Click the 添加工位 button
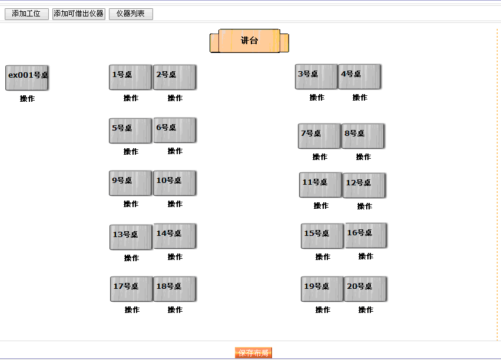pos(26,14)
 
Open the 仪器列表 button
pos(131,14)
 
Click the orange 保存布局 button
pos(253,353)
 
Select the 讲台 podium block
pos(249,41)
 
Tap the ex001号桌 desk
pos(27,78)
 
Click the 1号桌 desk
pos(130,77)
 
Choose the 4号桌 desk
pos(359,76)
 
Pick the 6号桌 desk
pos(174,130)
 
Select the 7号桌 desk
pos(319,136)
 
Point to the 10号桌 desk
pos(174,183)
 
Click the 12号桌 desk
pos(364,185)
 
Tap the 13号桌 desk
pos(131,237)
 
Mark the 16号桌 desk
pos(366,235)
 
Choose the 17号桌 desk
pos(131,289)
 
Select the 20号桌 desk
pos(365,289)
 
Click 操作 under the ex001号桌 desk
pos(27,99)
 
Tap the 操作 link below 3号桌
pos(317,98)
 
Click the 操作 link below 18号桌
pos(175,310)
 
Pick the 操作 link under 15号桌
pos(323,257)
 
